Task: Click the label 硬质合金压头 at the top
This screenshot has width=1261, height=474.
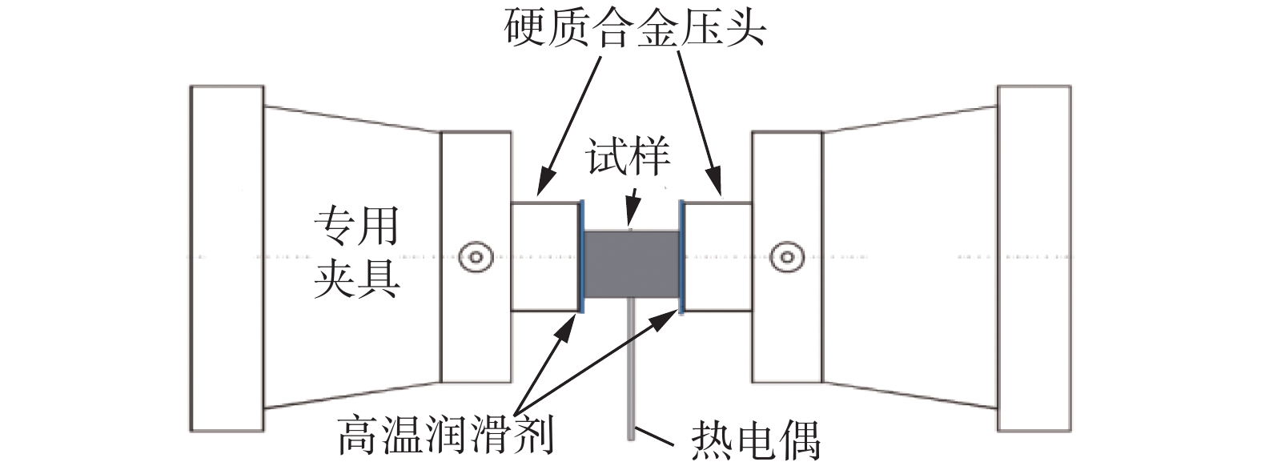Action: pyautogui.click(x=636, y=29)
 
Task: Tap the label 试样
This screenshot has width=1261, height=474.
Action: pyautogui.click(x=628, y=158)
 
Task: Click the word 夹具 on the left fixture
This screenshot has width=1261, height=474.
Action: pyautogui.click(x=355, y=277)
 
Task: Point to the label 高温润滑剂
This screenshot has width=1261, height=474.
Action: pyautogui.click(x=445, y=434)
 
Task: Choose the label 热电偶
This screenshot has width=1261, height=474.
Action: pyautogui.click(x=754, y=439)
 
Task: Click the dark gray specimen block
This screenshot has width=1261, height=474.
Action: pyautogui.click(x=632, y=264)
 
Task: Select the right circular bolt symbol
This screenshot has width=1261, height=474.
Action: pyautogui.click(x=787, y=257)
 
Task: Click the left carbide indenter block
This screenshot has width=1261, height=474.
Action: pyautogui.click(x=545, y=256)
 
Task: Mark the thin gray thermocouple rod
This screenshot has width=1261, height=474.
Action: pyautogui.click(x=631, y=368)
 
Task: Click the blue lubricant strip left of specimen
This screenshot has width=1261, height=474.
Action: pyautogui.click(x=581, y=256)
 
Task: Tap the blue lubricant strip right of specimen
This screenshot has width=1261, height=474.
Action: pyautogui.click(x=681, y=256)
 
